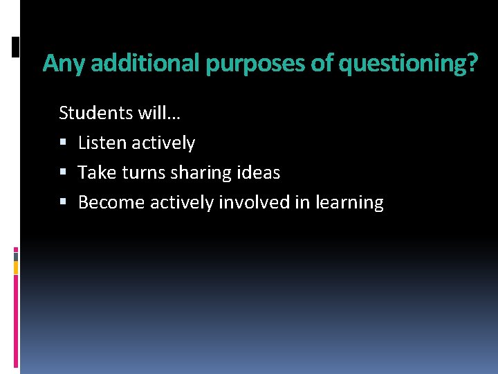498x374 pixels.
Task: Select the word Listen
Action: point(102,143)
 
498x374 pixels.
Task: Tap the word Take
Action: point(97,172)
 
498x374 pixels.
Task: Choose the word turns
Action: point(141,172)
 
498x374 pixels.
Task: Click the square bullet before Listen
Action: point(63,143)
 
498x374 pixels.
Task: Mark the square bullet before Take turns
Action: point(63,173)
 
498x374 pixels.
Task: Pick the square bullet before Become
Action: point(63,203)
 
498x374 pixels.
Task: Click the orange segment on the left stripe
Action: point(16,266)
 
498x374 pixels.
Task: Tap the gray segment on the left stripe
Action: point(16,256)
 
